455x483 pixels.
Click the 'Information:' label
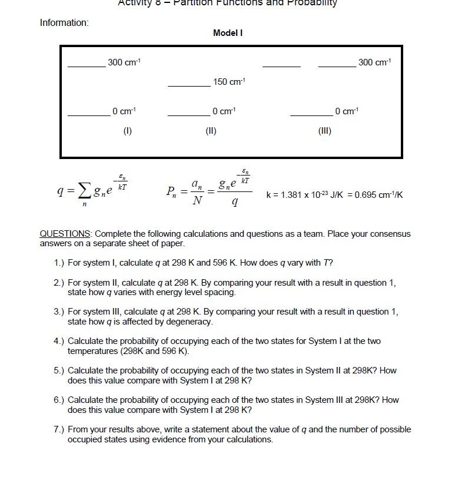point(64,23)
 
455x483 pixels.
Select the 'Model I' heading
point(227,33)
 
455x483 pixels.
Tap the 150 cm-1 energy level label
point(229,82)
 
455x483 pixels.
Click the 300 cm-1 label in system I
point(124,62)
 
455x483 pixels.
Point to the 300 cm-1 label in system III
point(374,62)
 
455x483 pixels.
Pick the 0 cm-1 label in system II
point(224,111)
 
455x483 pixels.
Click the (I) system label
point(127,131)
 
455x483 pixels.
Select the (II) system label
point(211,131)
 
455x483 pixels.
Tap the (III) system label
point(324,131)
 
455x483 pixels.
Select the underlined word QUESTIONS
point(65,234)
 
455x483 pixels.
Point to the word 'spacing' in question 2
point(221,292)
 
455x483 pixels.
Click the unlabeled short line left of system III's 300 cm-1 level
point(281,67)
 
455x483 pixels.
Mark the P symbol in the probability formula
point(170,191)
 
